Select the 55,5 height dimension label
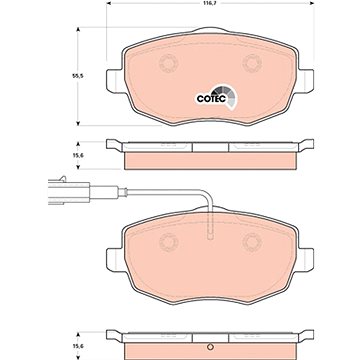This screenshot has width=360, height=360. pyautogui.click(x=78, y=76)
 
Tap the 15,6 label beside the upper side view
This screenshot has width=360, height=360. pyautogui.click(x=79, y=156)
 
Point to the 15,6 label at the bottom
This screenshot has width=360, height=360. pyautogui.click(x=79, y=346)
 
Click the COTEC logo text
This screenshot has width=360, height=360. pyautogui.click(x=211, y=99)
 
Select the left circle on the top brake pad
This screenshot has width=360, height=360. pyautogui.click(x=168, y=63)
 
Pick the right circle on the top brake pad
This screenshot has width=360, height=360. pyautogui.click(x=252, y=63)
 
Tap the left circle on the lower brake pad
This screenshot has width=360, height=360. pyautogui.click(x=168, y=242)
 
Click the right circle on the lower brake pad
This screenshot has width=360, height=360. pyautogui.click(x=252, y=242)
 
